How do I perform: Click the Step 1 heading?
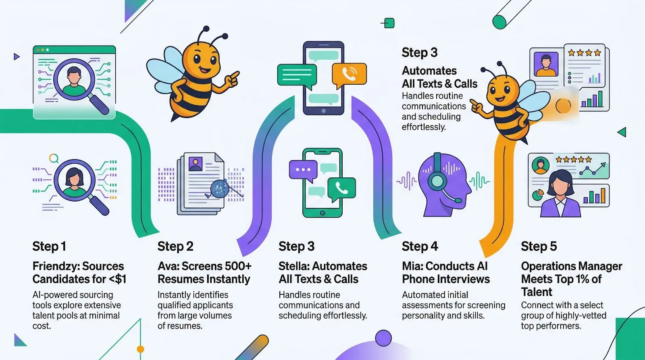coord(49,246)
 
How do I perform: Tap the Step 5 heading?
coord(539,246)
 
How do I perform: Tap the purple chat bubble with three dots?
coord(303,170)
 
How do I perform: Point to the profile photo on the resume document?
coord(196,164)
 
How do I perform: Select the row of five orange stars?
coord(574,160)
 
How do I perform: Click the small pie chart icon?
coord(538,195)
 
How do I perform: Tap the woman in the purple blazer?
coord(561,194)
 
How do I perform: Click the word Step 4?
coord(420,246)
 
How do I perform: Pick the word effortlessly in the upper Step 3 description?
coord(424,127)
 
